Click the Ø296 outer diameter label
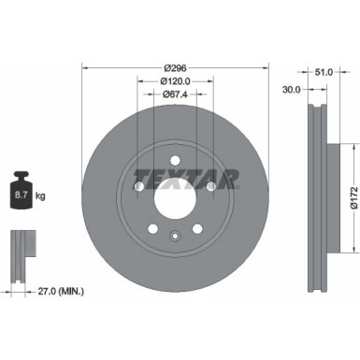click(x=175, y=67)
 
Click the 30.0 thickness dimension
click(x=291, y=90)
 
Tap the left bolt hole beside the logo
click(x=139, y=187)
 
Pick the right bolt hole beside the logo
click(x=210, y=187)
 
